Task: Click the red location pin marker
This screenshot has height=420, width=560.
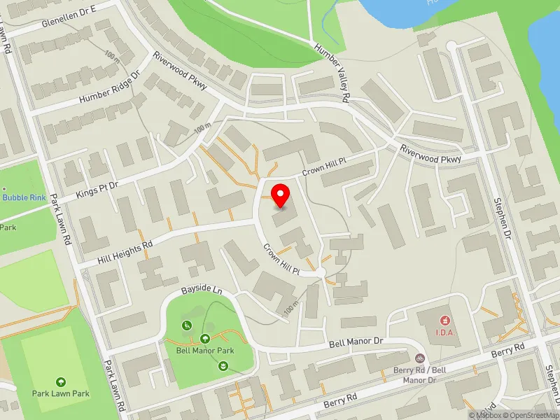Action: pyautogui.click(x=281, y=195)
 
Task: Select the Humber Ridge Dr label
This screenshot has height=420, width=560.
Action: pyautogui.click(x=110, y=88)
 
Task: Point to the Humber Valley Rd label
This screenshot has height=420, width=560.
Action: pyautogui.click(x=331, y=73)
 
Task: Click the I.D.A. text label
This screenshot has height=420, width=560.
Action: pyautogui.click(x=446, y=332)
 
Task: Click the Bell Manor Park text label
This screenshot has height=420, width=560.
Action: pyautogui.click(x=204, y=351)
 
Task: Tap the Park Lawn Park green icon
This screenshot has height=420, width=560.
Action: pyautogui.click(x=61, y=381)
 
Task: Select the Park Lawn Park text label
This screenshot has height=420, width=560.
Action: pyautogui.click(x=61, y=393)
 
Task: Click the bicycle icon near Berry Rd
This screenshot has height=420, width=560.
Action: pyautogui.click(x=420, y=357)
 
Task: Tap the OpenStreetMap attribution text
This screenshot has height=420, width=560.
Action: pyautogui.click(x=528, y=415)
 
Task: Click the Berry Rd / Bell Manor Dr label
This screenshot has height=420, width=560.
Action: pyautogui.click(x=419, y=374)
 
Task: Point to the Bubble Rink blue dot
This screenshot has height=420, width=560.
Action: pyautogui.click(x=4, y=189)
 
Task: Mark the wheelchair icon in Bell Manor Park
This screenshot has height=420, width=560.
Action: pyautogui.click(x=187, y=325)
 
